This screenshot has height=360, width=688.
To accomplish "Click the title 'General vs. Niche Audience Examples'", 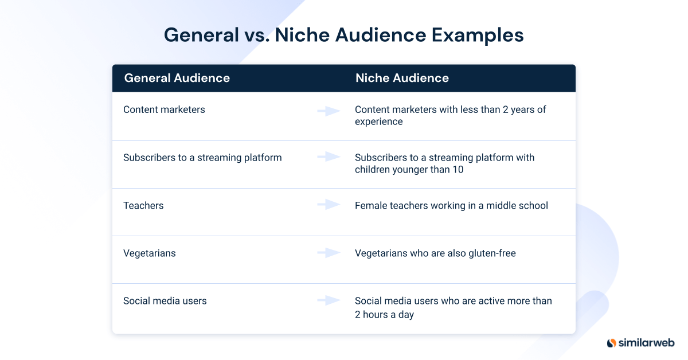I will pyautogui.click(x=343, y=36).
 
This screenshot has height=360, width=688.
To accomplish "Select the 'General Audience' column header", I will pyautogui.click(x=177, y=78).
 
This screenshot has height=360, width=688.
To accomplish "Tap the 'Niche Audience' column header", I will pyautogui.click(x=402, y=78).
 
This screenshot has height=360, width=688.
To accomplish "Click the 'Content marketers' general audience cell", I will pyautogui.click(x=164, y=109).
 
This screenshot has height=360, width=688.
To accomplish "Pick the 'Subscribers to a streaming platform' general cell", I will pyautogui.click(x=202, y=158).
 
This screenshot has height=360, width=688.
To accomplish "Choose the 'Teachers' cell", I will pyautogui.click(x=143, y=205).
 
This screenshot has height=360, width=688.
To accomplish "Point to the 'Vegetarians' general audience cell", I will pyautogui.click(x=150, y=253).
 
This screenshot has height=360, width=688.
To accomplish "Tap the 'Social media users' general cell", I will pyautogui.click(x=165, y=300).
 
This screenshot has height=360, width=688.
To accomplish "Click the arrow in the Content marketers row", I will pyautogui.click(x=329, y=111).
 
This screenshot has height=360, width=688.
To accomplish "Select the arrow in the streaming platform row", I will pyautogui.click(x=329, y=156).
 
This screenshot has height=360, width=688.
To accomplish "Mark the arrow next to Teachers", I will pyautogui.click(x=329, y=204).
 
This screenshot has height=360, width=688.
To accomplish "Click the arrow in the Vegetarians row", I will pyautogui.click(x=329, y=252).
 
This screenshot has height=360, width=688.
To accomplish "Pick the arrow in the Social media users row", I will pyautogui.click(x=329, y=300).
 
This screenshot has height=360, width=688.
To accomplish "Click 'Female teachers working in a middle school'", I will pyautogui.click(x=451, y=205).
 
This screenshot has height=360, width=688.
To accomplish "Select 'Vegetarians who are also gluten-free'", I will pyautogui.click(x=435, y=253).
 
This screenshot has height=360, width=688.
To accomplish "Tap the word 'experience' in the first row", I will pyautogui.click(x=378, y=122).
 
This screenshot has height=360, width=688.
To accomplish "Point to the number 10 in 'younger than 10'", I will pyautogui.click(x=458, y=170).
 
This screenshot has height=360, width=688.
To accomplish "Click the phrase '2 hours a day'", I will pyautogui.click(x=384, y=314).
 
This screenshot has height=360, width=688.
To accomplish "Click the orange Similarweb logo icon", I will pyautogui.click(x=611, y=343).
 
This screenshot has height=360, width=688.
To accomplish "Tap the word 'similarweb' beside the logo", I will pyautogui.click(x=646, y=343).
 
